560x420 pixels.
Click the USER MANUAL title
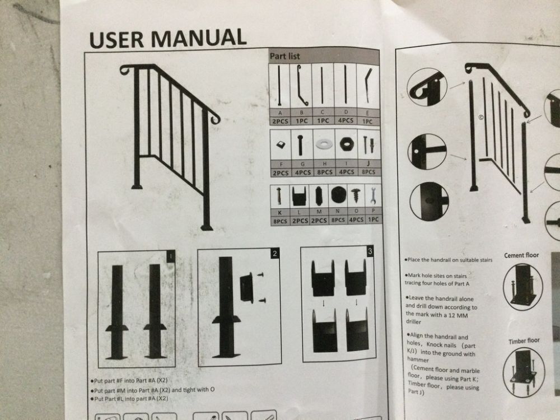point(167,38)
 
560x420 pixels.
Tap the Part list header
point(284,56)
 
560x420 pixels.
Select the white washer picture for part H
point(324,144)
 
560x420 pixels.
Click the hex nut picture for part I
point(346,144)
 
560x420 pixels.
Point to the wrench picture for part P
point(373,196)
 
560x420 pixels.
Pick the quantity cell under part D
point(346,121)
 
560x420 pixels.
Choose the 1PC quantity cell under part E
point(367,122)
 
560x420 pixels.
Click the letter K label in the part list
point(279,212)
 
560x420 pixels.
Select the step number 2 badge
point(274,254)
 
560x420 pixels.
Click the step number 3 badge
point(370,251)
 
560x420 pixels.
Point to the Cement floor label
point(521,255)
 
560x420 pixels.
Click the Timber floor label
point(524,340)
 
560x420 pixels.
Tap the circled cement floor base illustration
point(523,287)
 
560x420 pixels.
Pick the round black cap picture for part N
point(338,195)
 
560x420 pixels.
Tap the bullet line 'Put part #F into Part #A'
point(129,381)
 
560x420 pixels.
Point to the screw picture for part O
point(356,195)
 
